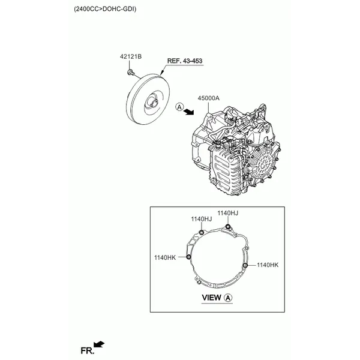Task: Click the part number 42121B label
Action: [x=130, y=57]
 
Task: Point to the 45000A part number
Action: [x=208, y=97]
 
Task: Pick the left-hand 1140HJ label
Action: [x=202, y=219]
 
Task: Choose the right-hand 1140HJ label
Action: [x=228, y=212]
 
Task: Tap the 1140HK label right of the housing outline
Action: [x=268, y=265]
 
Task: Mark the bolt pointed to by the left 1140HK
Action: [x=189, y=257]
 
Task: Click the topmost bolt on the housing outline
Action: [x=227, y=226]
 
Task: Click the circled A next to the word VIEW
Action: [x=228, y=298]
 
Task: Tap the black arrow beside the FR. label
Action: [x=100, y=344]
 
